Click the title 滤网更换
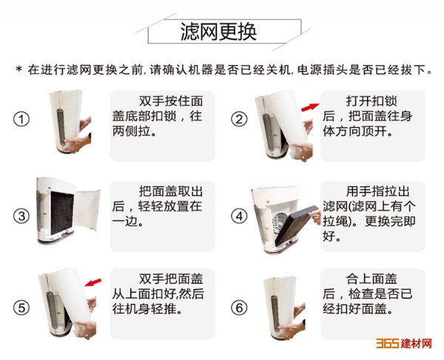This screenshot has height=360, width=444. [218, 32]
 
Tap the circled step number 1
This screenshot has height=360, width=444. [21, 119]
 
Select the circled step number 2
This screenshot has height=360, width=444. [239, 119]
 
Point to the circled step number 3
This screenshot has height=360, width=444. [21, 217]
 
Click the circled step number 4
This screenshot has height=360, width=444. [239, 217]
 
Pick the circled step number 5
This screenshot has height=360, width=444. [21, 308]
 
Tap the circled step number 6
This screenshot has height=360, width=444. [239, 308]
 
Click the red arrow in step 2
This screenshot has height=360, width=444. [310, 107]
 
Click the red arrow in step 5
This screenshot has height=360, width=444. [93, 282]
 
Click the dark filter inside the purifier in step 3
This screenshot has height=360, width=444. [62, 212]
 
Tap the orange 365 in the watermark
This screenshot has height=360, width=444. [388, 343]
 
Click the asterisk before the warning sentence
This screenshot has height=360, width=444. [19, 69]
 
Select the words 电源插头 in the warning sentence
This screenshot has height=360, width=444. [322, 69]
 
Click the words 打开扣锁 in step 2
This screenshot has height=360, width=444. [371, 101]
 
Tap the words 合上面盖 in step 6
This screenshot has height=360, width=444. [371, 279]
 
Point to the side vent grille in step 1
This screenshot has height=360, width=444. [61, 125]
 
